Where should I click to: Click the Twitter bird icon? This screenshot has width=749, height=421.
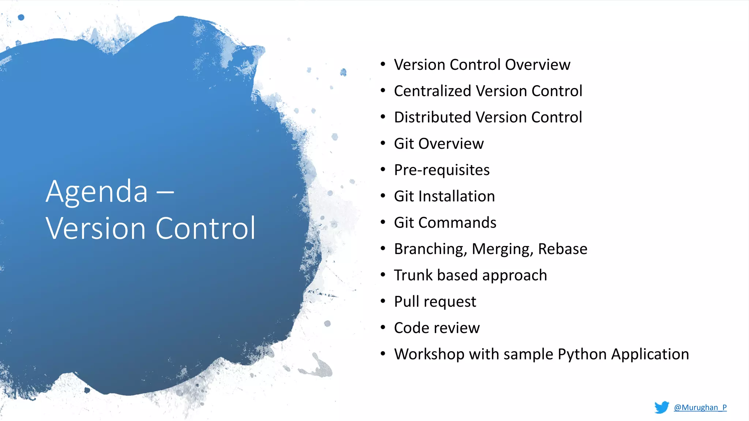point(662,407)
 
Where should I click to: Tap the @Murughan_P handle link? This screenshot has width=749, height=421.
point(700,407)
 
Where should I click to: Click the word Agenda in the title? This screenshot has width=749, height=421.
point(97,192)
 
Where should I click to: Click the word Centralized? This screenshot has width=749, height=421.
point(432,91)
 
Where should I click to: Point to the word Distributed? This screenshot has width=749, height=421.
point(432,117)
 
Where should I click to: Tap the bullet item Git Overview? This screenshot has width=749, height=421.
point(439,144)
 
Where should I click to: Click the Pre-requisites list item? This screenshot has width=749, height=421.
point(441,170)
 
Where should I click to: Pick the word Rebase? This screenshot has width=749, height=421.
point(562,249)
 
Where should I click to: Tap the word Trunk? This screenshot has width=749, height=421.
point(413,275)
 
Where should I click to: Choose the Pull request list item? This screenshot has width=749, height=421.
point(435,301)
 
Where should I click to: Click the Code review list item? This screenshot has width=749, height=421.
point(437,328)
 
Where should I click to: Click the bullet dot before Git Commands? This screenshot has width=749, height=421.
point(383,222)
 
